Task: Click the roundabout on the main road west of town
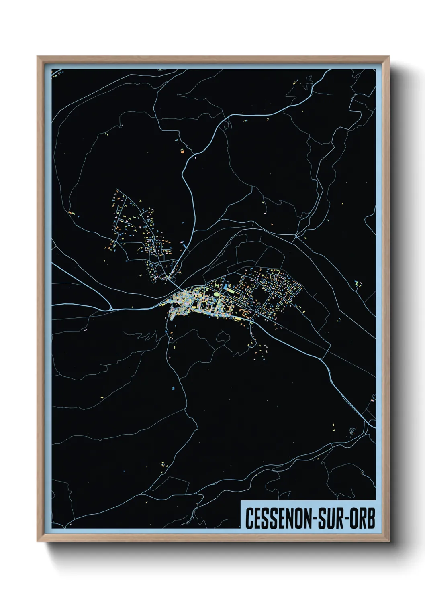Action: [111, 309]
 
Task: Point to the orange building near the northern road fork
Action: [182, 152]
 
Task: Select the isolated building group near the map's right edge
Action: [358, 283]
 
